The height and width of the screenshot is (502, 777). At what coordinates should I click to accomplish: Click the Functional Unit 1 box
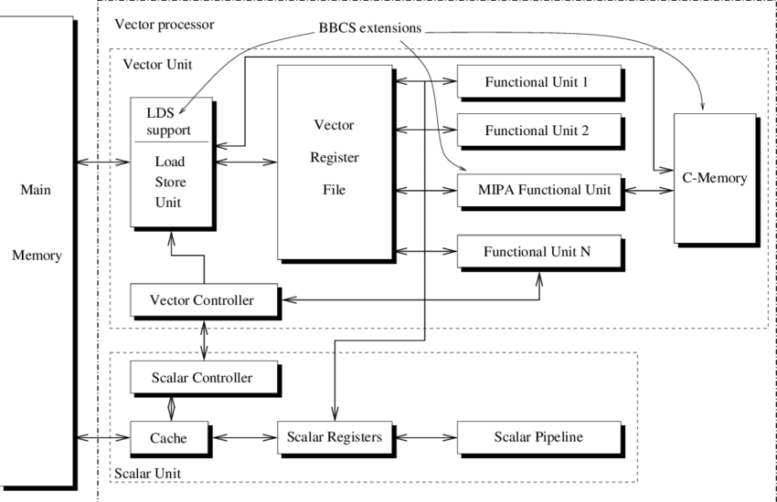[538, 81]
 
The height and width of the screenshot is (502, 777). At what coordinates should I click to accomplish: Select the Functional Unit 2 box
[538, 131]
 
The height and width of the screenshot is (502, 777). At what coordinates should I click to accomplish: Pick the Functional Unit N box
[538, 251]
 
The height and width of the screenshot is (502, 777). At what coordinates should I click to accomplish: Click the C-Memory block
[714, 178]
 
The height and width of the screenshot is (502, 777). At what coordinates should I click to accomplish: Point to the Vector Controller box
[200, 299]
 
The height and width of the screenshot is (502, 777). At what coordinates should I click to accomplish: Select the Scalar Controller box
[200, 376]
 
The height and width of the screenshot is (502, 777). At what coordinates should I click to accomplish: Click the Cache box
[168, 437]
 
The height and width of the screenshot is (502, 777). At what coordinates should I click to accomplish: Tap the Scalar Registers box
[335, 437]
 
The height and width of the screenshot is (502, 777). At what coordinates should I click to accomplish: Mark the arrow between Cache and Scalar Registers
[242, 437]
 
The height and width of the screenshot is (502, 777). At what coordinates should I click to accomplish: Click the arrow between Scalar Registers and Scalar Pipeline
[424, 437]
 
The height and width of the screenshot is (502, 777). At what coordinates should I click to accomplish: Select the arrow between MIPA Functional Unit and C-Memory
[646, 190]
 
